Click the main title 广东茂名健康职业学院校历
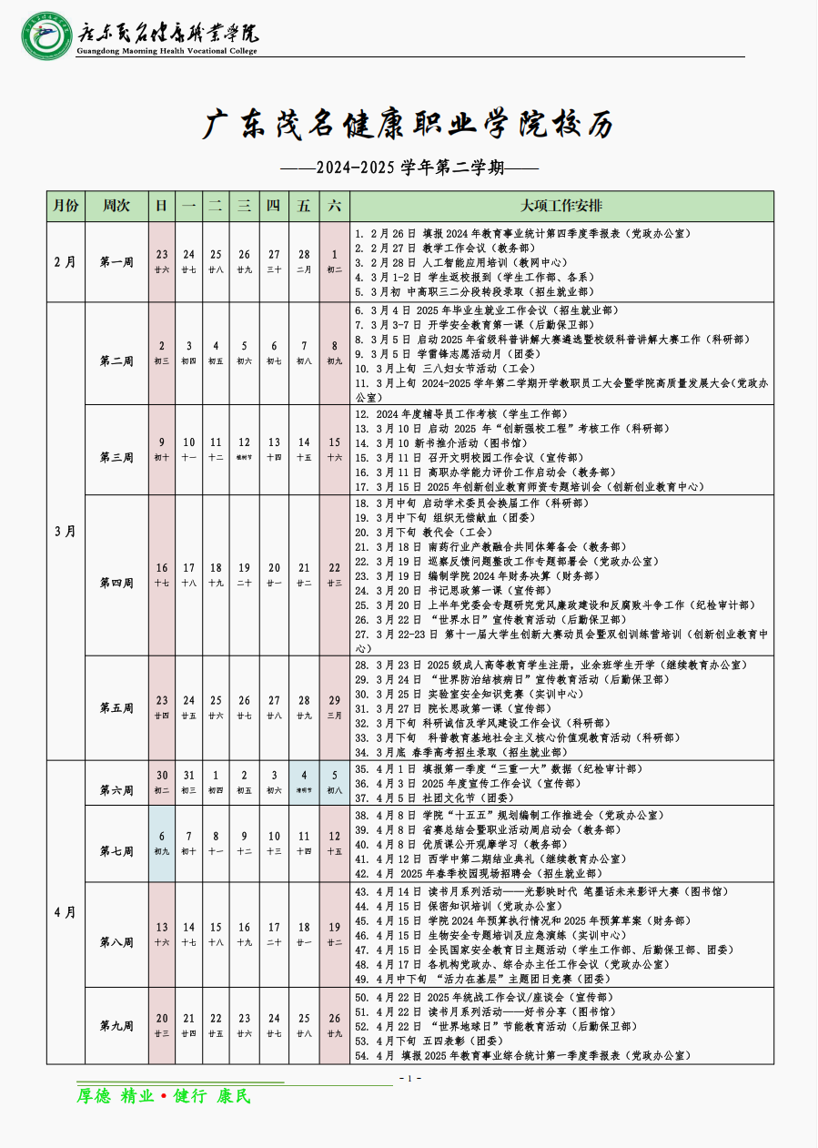(409, 126)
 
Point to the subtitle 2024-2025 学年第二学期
(409, 168)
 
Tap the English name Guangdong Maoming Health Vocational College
(169, 51)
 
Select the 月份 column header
(66, 206)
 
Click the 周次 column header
(116, 206)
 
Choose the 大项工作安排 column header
(561, 206)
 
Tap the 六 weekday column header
(334, 206)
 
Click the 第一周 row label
(116, 262)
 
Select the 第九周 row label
(116, 1025)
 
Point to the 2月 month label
(66, 262)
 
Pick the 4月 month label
(66, 910)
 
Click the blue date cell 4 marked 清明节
(304, 781)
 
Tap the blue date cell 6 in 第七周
(162, 842)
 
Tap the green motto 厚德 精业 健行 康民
(163, 1096)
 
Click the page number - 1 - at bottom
(409, 1079)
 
